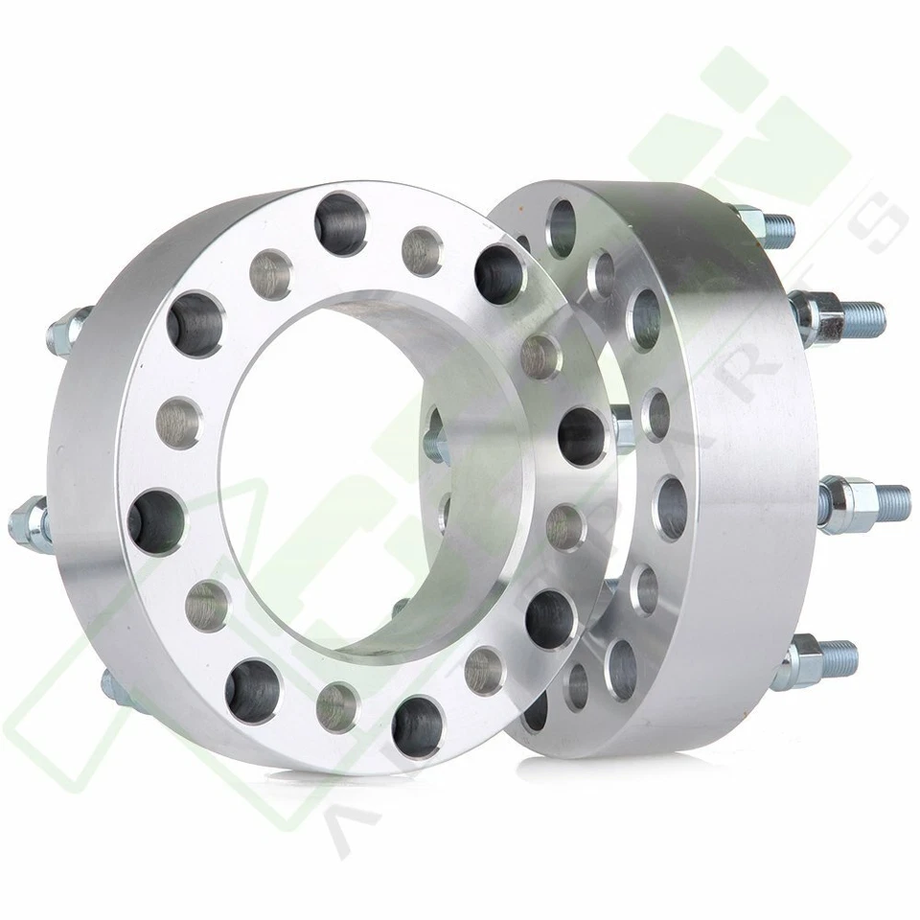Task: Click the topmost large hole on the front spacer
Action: [340, 221]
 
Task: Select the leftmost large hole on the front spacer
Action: [156, 522]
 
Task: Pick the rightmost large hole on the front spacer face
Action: [583, 435]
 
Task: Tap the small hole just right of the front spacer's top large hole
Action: [421, 251]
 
